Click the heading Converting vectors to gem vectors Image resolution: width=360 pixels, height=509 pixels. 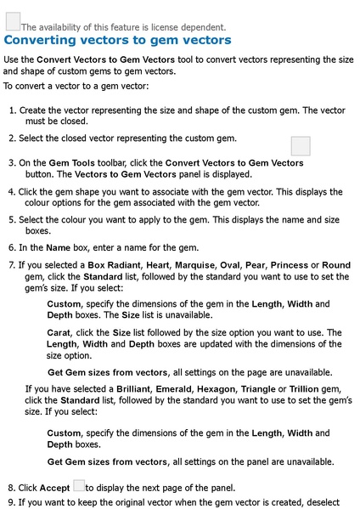118,40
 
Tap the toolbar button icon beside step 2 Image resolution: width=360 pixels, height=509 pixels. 301,145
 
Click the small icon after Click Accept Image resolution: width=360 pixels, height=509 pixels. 78,486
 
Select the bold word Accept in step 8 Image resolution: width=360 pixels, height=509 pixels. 55,488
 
